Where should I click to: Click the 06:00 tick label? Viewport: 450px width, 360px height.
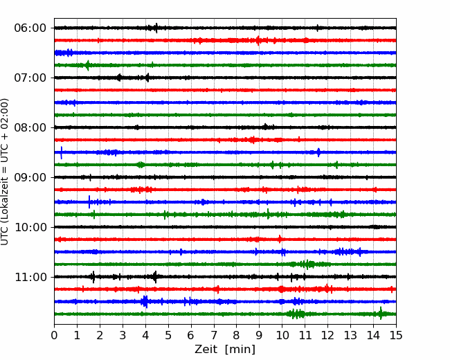pyautogui.click(x=30, y=28)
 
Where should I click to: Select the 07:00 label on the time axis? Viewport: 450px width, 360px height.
pyautogui.click(x=30, y=78)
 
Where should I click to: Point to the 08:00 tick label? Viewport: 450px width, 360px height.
pyautogui.click(x=30, y=127)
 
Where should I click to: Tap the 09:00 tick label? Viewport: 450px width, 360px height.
pyautogui.click(x=30, y=177)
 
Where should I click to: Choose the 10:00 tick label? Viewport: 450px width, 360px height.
pyautogui.click(x=30, y=227)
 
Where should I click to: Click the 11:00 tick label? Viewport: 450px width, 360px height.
pyautogui.click(x=30, y=277)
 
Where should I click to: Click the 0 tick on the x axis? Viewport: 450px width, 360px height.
pyautogui.click(x=54, y=335)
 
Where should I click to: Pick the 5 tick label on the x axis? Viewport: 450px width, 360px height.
pyautogui.click(x=168, y=335)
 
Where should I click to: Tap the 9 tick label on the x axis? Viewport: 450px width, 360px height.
pyautogui.click(x=259, y=335)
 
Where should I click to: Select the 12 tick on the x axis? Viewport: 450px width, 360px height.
pyautogui.click(x=327, y=335)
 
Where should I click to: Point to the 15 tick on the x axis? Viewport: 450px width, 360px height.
pyautogui.click(x=396, y=335)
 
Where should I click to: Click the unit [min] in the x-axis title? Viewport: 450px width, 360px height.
pyautogui.click(x=240, y=350)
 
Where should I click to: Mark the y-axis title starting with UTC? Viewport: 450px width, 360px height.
pyautogui.click(x=4, y=172)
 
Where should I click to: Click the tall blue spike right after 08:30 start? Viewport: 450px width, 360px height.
pyautogui.click(x=61, y=152)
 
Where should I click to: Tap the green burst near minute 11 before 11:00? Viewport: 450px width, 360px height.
pyautogui.click(x=307, y=264)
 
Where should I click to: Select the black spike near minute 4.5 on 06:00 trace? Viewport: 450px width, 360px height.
pyautogui.click(x=156, y=28)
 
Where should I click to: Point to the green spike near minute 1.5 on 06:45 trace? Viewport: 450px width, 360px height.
pyautogui.click(x=87, y=66)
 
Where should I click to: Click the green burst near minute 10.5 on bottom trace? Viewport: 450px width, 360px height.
pyautogui.click(x=296, y=314)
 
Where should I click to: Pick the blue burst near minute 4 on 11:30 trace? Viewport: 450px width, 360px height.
pyautogui.click(x=145, y=301)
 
